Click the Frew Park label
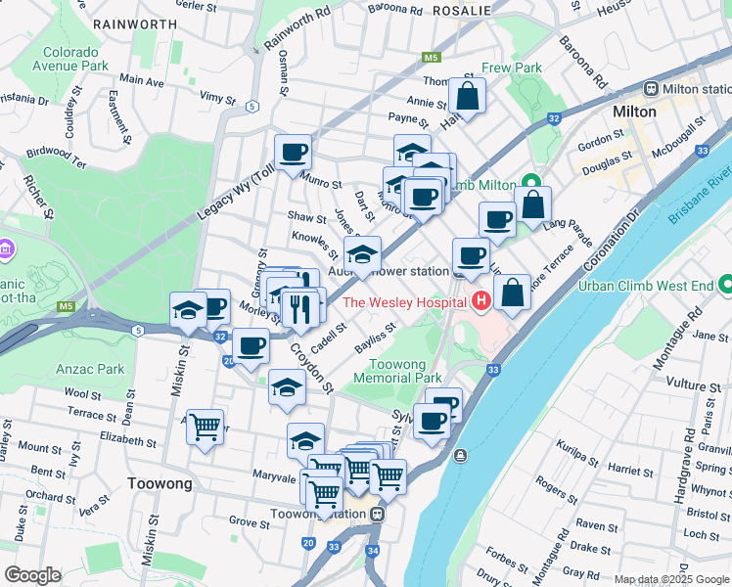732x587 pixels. pos(512,68)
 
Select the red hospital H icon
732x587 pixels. pos(480,300)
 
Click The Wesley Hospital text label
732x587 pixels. pos(404,301)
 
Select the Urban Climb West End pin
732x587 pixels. pos(725,285)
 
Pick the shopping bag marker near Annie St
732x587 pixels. pos(468,96)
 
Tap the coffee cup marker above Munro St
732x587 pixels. pos(293,153)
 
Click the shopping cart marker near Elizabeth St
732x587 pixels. pos(205,426)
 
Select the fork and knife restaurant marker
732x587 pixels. pos(301,308)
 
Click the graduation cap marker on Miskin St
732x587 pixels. pos(188,310)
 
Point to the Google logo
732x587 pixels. pos(32,575)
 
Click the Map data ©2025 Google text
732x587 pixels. pos(670,579)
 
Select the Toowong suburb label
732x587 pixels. pos(159,484)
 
